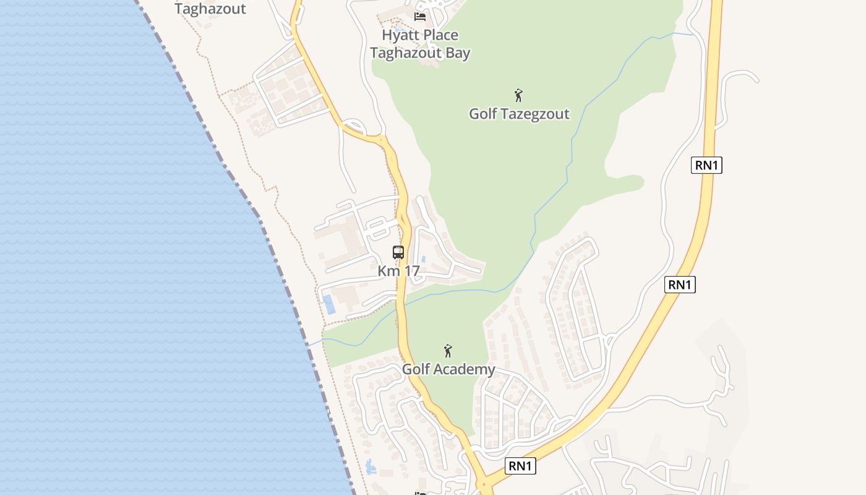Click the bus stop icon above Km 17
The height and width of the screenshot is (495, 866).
pos(398,252)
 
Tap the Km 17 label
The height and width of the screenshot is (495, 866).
pos(399,271)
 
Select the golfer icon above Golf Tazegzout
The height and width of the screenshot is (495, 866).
pos(518,95)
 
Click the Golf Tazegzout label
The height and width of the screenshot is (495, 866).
pos(519,114)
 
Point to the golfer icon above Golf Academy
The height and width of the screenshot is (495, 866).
pos(448,351)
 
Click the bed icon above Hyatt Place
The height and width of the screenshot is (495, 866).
pos(420,16)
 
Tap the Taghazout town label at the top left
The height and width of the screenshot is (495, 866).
pos(210,9)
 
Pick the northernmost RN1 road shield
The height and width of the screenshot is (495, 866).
pos(706,165)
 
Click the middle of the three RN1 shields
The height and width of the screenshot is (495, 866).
pos(680,285)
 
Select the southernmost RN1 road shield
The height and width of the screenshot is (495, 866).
pos(520,466)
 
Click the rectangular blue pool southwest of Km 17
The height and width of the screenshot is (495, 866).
pos(329,304)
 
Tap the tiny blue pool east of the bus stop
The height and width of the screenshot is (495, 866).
pos(423,259)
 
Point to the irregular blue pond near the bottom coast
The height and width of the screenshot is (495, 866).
pos(371,467)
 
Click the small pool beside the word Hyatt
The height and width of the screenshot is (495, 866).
pos(400,29)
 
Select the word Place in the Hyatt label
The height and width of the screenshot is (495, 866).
pos(437,35)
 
